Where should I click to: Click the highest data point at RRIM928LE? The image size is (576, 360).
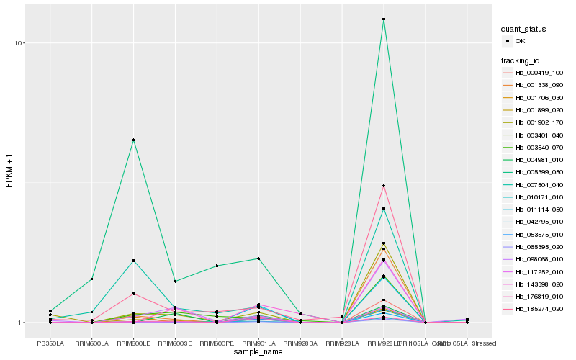(384, 19)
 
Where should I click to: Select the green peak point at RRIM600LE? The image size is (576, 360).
(133, 140)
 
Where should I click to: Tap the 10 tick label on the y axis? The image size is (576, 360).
(19, 43)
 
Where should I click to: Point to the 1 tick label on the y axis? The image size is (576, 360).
(22, 323)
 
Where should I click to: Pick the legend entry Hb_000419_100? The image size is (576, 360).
(539, 73)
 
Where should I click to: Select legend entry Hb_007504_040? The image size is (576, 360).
(539, 185)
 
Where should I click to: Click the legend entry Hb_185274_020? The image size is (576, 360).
(539, 309)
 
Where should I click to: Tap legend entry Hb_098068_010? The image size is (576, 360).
(539, 259)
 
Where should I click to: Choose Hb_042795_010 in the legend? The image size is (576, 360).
(539, 222)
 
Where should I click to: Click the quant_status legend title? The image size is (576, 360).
(524, 29)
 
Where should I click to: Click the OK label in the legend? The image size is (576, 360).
(521, 41)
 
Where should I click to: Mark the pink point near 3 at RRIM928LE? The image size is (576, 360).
(384, 186)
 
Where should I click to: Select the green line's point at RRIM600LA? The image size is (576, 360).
(91, 279)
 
